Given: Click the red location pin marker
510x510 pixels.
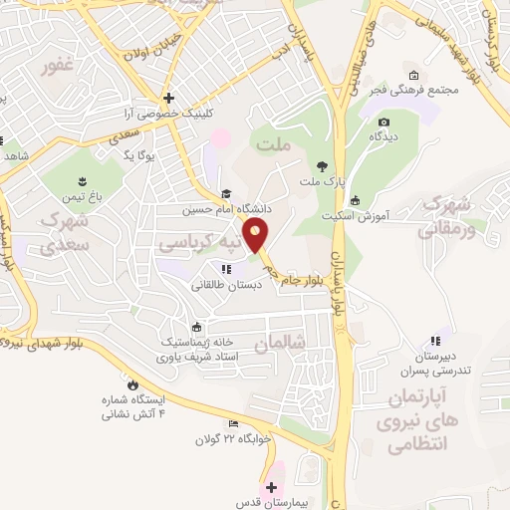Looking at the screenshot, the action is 257,237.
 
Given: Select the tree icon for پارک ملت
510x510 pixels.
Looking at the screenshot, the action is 322,165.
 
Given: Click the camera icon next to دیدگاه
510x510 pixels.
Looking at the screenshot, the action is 383,123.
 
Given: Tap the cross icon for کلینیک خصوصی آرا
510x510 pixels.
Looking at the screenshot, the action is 169,98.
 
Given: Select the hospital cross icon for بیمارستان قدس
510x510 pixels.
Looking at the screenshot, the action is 271,487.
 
